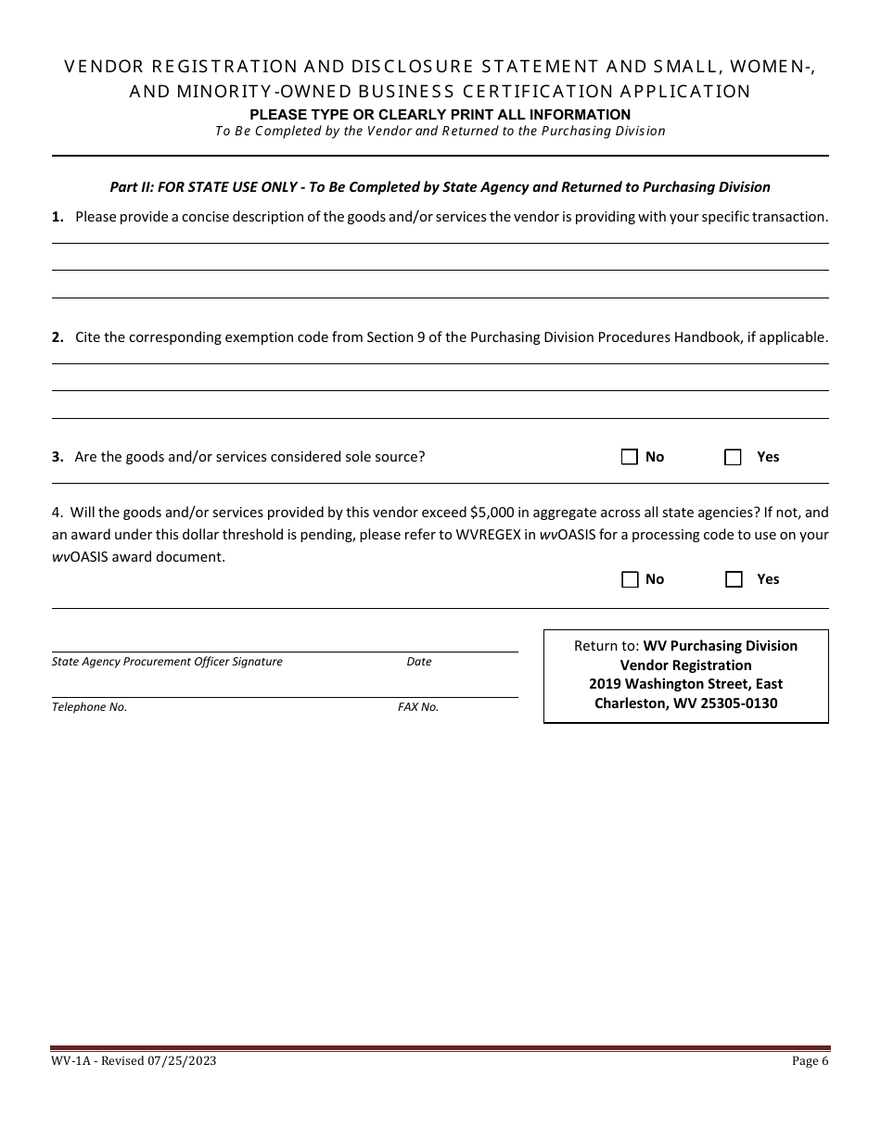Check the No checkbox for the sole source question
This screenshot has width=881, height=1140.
coord(630,457)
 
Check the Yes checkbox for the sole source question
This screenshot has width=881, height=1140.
coord(734,457)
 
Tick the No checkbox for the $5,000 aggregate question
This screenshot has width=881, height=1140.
coord(630,579)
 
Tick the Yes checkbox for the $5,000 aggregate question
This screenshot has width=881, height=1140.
coord(734,579)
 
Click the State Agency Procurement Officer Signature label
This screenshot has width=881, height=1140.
coord(167,662)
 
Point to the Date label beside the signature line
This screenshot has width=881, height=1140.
coord(419,662)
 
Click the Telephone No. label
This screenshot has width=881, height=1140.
coord(89,707)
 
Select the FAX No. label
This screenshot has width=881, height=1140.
coord(418,707)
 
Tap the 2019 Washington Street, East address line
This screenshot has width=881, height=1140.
coord(685,684)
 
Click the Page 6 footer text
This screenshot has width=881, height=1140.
coord(811,1061)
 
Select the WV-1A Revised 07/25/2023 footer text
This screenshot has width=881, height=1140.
coord(134,1061)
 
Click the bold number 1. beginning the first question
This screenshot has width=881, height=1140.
coord(57,217)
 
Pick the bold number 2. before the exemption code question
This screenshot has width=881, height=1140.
coord(57,337)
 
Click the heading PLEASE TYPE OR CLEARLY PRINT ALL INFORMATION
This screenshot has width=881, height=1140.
coord(440,114)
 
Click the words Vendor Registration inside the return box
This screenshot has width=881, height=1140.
coord(685,665)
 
